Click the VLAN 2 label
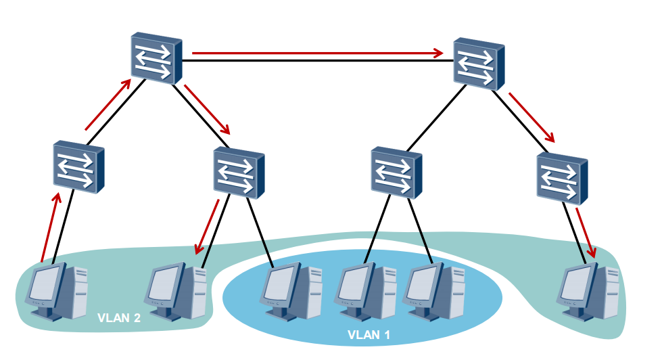click(118, 318)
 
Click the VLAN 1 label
click(369, 335)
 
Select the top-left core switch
click(156, 58)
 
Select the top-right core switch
click(479, 64)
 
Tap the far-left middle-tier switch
click(78, 166)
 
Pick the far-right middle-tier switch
click(562, 179)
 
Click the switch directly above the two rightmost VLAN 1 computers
click(396, 173)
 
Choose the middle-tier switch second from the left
click(239, 173)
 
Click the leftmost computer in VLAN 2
click(56, 291)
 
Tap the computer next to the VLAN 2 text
click(175, 291)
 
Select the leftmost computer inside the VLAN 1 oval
click(291, 291)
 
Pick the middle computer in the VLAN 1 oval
click(365, 291)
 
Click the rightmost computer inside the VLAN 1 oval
click(433, 291)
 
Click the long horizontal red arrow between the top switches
click(318, 53)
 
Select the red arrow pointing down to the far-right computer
click(586, 232)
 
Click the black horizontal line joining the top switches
click(318, 61)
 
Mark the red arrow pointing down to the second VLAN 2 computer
click(206, 227)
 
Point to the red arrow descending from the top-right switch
click(532, 118)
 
